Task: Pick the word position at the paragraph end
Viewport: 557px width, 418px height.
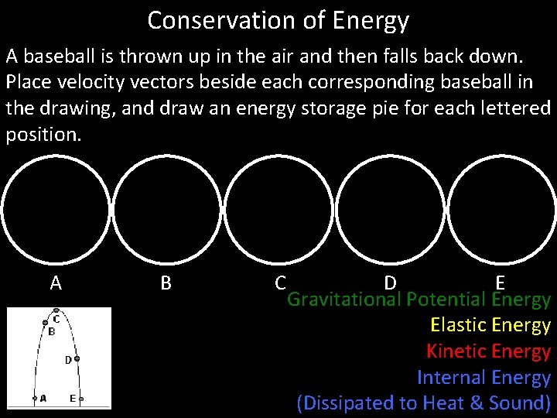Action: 42,134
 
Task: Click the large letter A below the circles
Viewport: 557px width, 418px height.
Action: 56,283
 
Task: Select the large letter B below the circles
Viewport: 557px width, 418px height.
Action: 166,283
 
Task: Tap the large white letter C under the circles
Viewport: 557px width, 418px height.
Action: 281,283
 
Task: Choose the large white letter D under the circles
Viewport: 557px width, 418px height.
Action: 390,283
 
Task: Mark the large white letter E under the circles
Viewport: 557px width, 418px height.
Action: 501,283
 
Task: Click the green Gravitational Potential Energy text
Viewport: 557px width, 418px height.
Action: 419,300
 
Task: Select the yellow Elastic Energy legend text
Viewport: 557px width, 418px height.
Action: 490,325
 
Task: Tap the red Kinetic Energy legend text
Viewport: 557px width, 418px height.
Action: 488,351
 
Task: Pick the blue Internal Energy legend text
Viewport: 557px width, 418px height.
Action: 484,378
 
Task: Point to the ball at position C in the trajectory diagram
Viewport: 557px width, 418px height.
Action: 56,310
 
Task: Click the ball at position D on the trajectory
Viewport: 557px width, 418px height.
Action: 77,359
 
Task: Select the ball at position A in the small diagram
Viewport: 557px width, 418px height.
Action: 34,399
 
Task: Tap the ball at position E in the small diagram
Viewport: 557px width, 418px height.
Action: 81,399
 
